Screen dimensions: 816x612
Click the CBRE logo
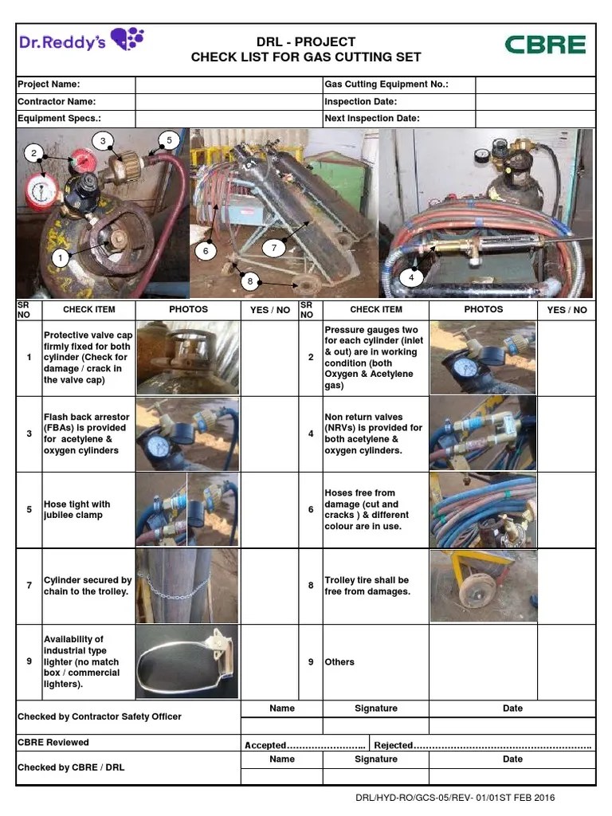pos(545,45)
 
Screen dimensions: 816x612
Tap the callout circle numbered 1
pos(59,257)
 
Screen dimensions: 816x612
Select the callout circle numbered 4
pos(411,277)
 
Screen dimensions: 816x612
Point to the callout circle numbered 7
pos(273,248)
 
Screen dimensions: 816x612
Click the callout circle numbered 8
pos(250,280)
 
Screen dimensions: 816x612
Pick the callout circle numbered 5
pos(168,140)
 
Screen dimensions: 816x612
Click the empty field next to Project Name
pos(228,84)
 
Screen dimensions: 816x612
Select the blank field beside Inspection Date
pos(535,102)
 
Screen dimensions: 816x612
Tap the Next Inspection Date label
pos(371,119)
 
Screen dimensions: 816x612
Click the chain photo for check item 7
pos(187,585)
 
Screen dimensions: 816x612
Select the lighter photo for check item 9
pos(187,661)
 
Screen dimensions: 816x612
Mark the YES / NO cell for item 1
pos(269,357)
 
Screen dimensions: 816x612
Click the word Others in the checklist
pos(339,662)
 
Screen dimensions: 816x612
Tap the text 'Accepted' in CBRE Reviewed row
pos(265,745)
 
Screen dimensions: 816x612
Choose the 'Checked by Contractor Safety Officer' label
pos(100,716)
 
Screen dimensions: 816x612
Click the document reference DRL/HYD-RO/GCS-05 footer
pos(455,798)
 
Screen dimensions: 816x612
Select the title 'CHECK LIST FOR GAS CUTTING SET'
pos(306,57)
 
